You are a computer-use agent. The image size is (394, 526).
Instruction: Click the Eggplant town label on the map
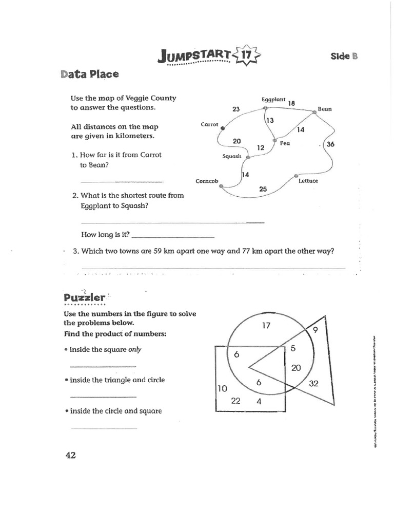[273, 100]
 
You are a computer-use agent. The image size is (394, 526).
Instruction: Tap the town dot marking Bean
[314, 111]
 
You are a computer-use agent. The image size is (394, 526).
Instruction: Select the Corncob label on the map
[207, 181]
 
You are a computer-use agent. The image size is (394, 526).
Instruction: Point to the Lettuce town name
[308, 181]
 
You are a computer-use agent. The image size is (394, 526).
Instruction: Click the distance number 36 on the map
[330, 144]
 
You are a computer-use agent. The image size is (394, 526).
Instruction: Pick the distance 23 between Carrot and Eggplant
[236, 109]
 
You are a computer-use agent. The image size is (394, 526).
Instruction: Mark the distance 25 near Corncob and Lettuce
[263, 189]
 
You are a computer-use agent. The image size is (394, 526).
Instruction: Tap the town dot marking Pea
[274, 140]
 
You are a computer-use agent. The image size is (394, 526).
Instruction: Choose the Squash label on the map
[232, 157]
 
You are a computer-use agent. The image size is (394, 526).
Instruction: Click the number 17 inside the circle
[266, 325]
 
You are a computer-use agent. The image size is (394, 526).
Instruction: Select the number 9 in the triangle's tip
[315, 330]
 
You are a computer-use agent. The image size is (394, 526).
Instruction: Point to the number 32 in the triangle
[314, 383]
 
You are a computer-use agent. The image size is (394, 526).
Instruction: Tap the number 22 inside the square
[236, 401]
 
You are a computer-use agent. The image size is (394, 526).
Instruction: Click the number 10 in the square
[222, 389]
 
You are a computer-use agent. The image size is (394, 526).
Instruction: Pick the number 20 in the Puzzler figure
[296, 367]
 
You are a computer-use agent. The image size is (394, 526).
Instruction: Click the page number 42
[70, 455]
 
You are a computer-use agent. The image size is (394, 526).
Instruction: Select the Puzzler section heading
[85, 297]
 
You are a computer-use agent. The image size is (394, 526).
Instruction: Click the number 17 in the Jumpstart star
[247, 53]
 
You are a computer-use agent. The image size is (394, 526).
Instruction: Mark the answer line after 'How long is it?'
[172, 237]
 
